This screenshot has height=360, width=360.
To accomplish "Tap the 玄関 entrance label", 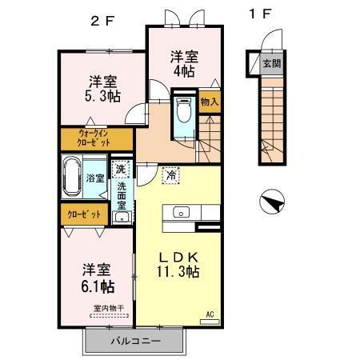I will [272, 62].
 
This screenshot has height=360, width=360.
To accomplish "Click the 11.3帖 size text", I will [177, 272].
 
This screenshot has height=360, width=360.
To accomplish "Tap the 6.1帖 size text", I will [95, 286].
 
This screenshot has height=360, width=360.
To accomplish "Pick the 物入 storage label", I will [209, 103].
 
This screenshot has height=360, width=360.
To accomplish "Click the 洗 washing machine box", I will [121, 169].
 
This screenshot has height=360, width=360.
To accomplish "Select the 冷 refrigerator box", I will [170, 174].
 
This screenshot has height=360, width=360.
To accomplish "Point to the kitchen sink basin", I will [179, 213].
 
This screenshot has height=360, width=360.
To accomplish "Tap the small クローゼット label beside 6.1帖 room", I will [83, 214].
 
